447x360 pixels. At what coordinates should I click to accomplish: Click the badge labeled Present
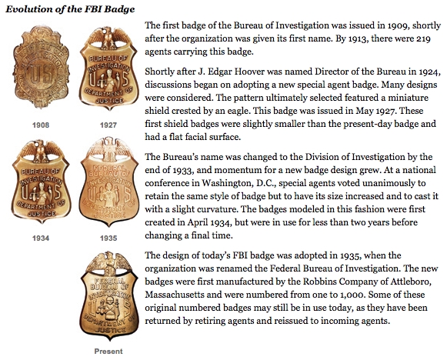click(x=108, y=300)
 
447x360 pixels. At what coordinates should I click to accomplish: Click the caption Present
click(x=108, y=352)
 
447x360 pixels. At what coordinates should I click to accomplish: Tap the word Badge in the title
click(x=119, y=9)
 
